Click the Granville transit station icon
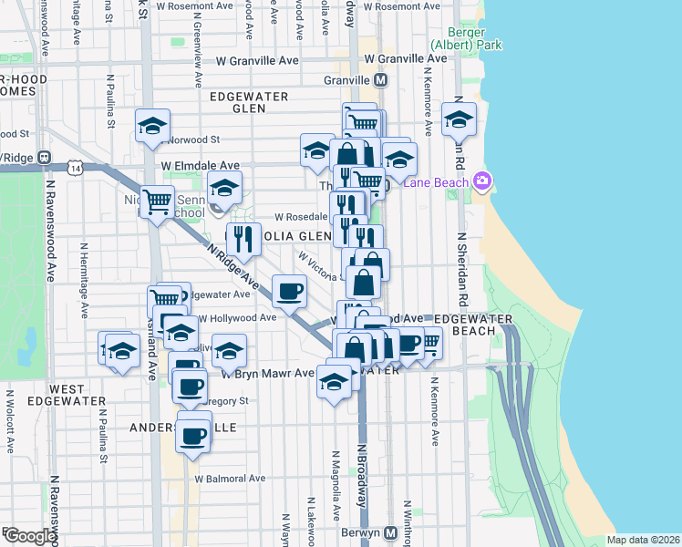point(381,79)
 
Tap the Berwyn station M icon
point(390,532)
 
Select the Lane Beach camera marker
point(480,182)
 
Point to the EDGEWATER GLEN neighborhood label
point(249,101)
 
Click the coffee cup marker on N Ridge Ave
point(290,292)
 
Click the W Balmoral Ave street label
point(229,478)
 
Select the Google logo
point(29,536)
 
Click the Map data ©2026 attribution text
point(643,540)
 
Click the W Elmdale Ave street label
point(201,166)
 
